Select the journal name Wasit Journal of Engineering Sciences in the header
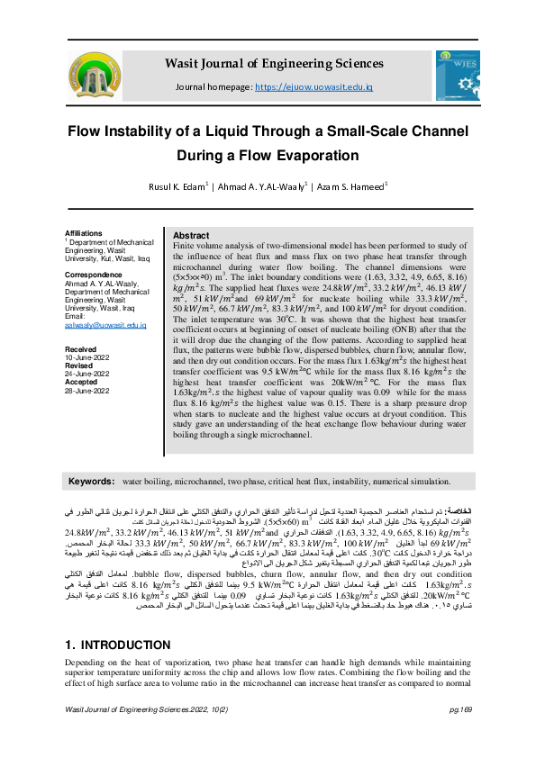pos(273,64)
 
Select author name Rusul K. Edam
pos(177,187)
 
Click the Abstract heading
pos(191,235)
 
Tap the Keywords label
pos(92,482)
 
